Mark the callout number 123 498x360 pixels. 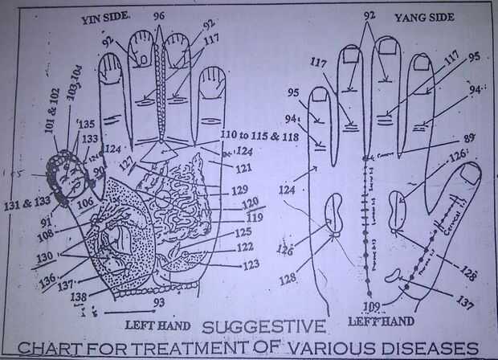pyautogui.click(x=249, y=263)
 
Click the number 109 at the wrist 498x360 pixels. pyautogui.click(x=371, y=306)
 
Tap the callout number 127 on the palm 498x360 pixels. pyautogui.click(x=128, y=162)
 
